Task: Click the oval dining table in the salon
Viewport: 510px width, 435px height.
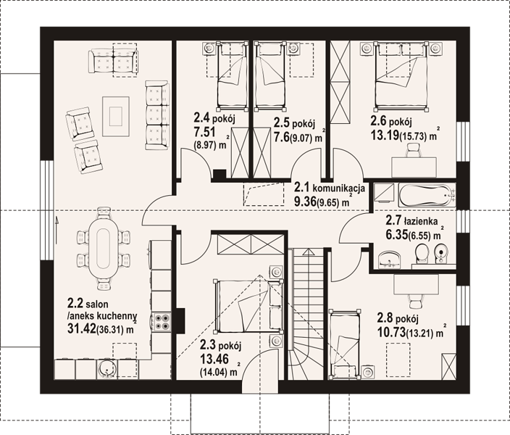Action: [x=104, y=248]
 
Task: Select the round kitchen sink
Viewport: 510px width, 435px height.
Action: [x=106, y=369]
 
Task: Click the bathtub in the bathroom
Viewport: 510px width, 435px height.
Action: [x=427, y=195]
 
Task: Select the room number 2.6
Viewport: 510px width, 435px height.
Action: [x=378, y=122]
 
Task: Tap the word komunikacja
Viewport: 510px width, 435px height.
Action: [x=338, y=188]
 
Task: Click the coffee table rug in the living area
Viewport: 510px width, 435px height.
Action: [x=116, y=116]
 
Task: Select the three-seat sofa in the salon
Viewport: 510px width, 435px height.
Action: [x=157, y=115]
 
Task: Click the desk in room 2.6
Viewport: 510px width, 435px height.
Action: [x=414, y=167]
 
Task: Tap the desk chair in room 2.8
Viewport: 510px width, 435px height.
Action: [x=415, y=301]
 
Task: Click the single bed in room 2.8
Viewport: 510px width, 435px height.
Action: [x=344, y=344]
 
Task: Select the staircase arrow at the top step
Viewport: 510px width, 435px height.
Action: [x=307, y=252]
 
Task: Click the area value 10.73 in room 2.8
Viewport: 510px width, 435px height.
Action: [x=391, y=332]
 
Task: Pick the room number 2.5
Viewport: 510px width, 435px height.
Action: [x=281, y=123]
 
